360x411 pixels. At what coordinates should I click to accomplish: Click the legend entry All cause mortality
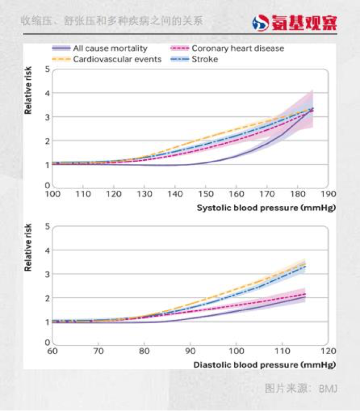pyautogui.click(x=110, y=49)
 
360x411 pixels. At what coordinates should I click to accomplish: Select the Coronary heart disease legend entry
pyautogui.click(x=238, y=49)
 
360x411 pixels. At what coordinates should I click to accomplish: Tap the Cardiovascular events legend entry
pyautogui.click(x=117, y=59)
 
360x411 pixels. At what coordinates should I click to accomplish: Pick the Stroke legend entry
pyautogui.click(x=205, y=59)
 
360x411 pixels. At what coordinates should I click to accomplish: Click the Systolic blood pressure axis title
pyautogui.click(x=266, y=207)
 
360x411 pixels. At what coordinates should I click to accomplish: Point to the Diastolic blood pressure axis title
pyautogui.click(x=264, y=365)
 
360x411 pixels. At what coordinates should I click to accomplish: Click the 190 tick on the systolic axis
pyautogui.click(x=328, y=194)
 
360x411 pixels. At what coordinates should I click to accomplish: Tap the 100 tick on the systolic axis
pyautogui.click(x=53, y=194)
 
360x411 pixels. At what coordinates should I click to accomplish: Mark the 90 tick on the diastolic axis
pyautogui.click(x=191, y=352)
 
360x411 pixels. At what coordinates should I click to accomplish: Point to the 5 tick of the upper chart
pyautogui.click(x=48, y=69)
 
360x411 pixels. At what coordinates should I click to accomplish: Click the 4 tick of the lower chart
pyautogui.click(x=48, y=250)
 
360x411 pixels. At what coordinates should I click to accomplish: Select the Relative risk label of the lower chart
pyautogui.click(x=29, y=248)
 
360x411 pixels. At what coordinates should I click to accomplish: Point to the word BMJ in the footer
pyautogui.click(x=328, y=388)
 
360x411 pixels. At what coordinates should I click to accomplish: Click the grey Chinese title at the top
pyautogui.click(x=112, y=21)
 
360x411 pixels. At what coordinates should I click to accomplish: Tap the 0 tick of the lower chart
pyautogui.click(x=48, y=342)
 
